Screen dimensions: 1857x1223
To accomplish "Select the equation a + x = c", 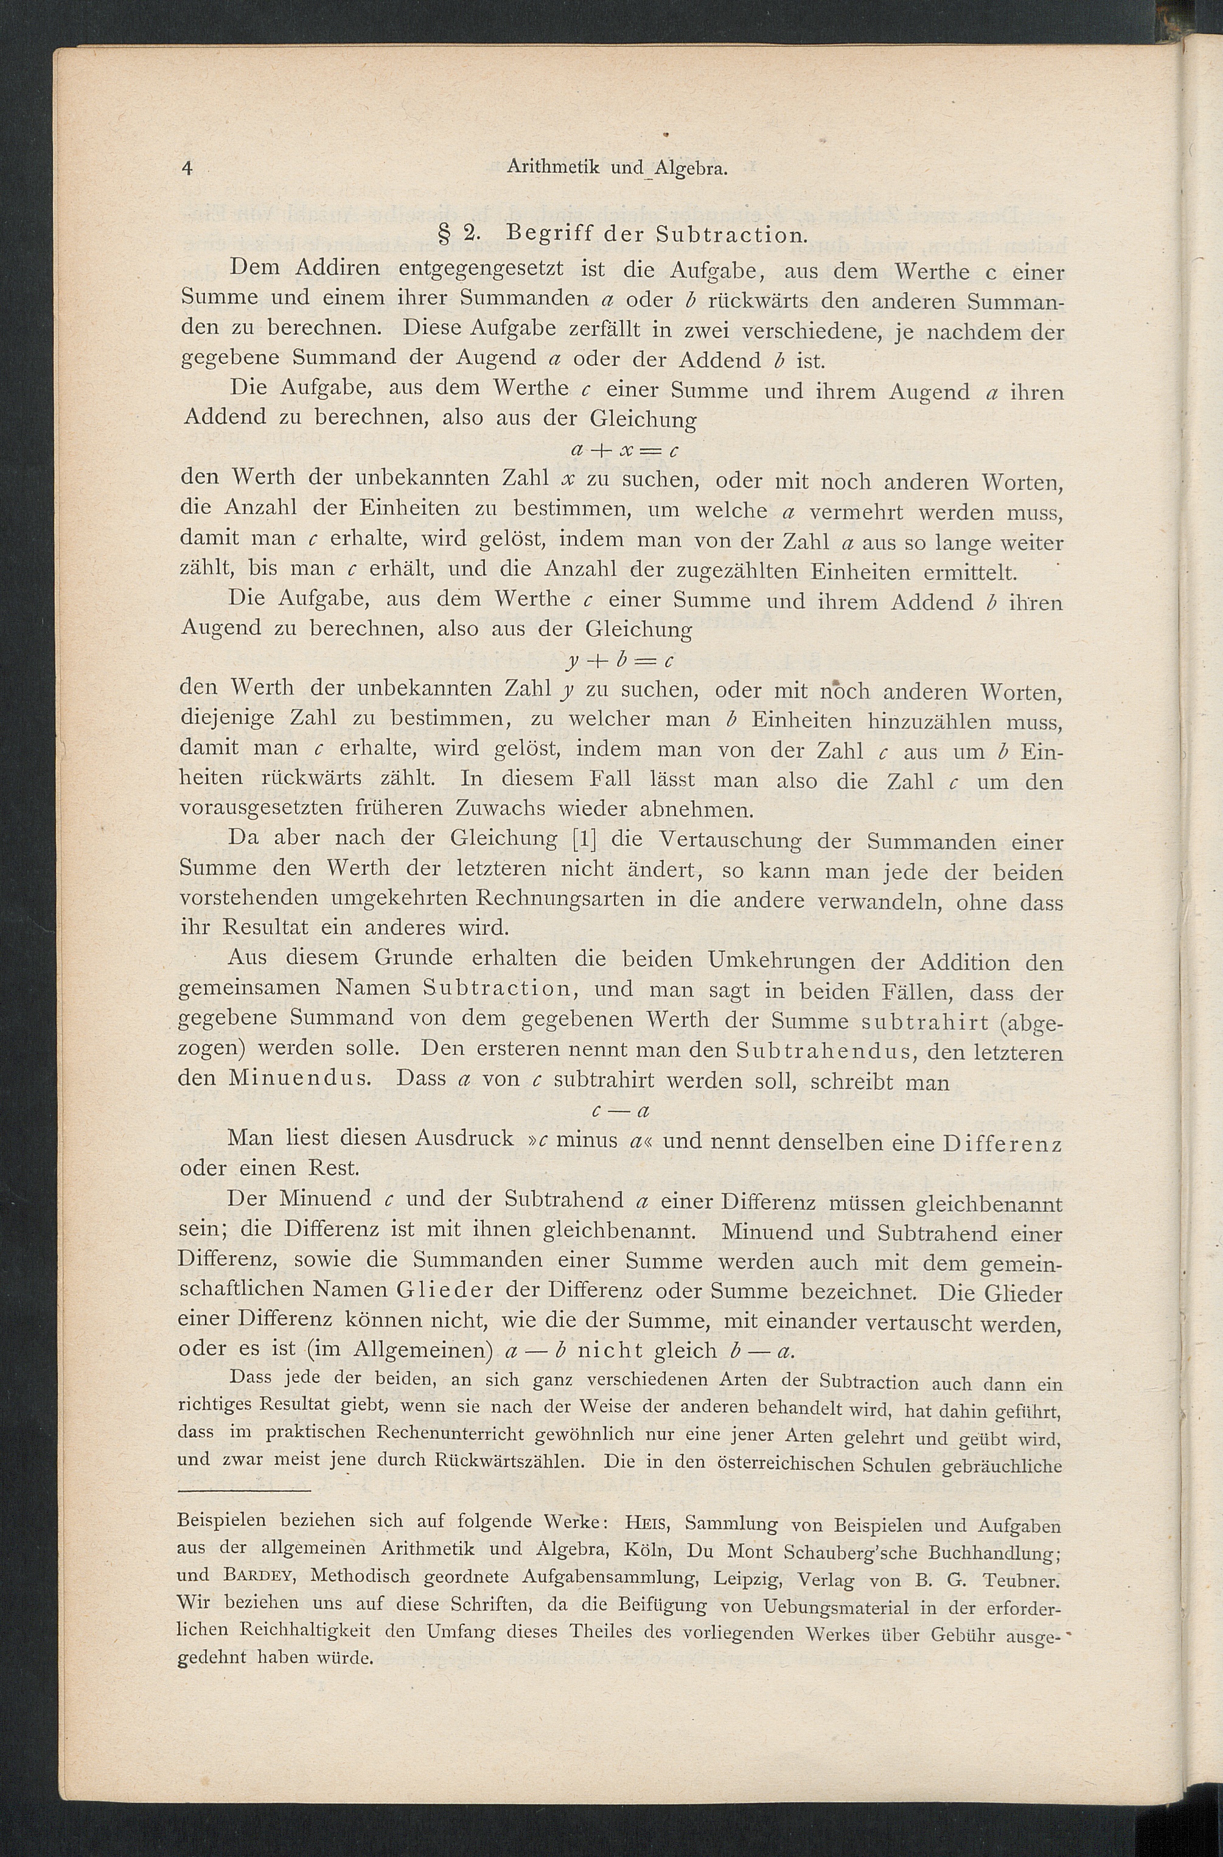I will pyautogui.click(x=625, y=450).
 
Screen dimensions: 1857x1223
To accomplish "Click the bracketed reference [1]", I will pyautogui.click(x=584, y=841).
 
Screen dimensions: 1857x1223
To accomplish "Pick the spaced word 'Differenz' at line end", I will pyautogui.click(x=1003, y=1144).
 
